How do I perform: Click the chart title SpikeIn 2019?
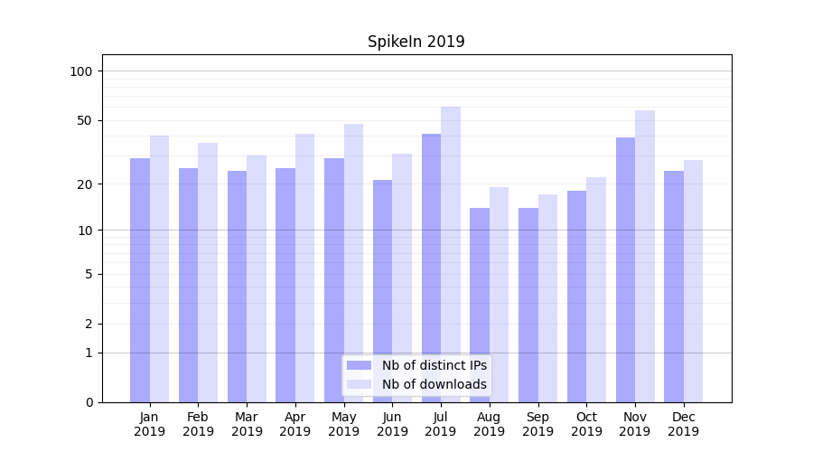click(416, 42)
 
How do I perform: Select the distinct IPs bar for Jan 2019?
click(140, 280)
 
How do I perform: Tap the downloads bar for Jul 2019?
click(451, 254)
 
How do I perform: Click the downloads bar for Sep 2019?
click(547, 298)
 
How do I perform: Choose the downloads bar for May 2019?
click(353, 263)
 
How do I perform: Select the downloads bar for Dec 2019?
click(693, 281)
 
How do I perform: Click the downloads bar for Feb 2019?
click(208, 272)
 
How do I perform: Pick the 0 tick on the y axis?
click(89, 402)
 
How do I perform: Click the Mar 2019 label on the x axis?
click(247, 424)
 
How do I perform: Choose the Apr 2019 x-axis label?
click(295, 424)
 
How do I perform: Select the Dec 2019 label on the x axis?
click(683, 424)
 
